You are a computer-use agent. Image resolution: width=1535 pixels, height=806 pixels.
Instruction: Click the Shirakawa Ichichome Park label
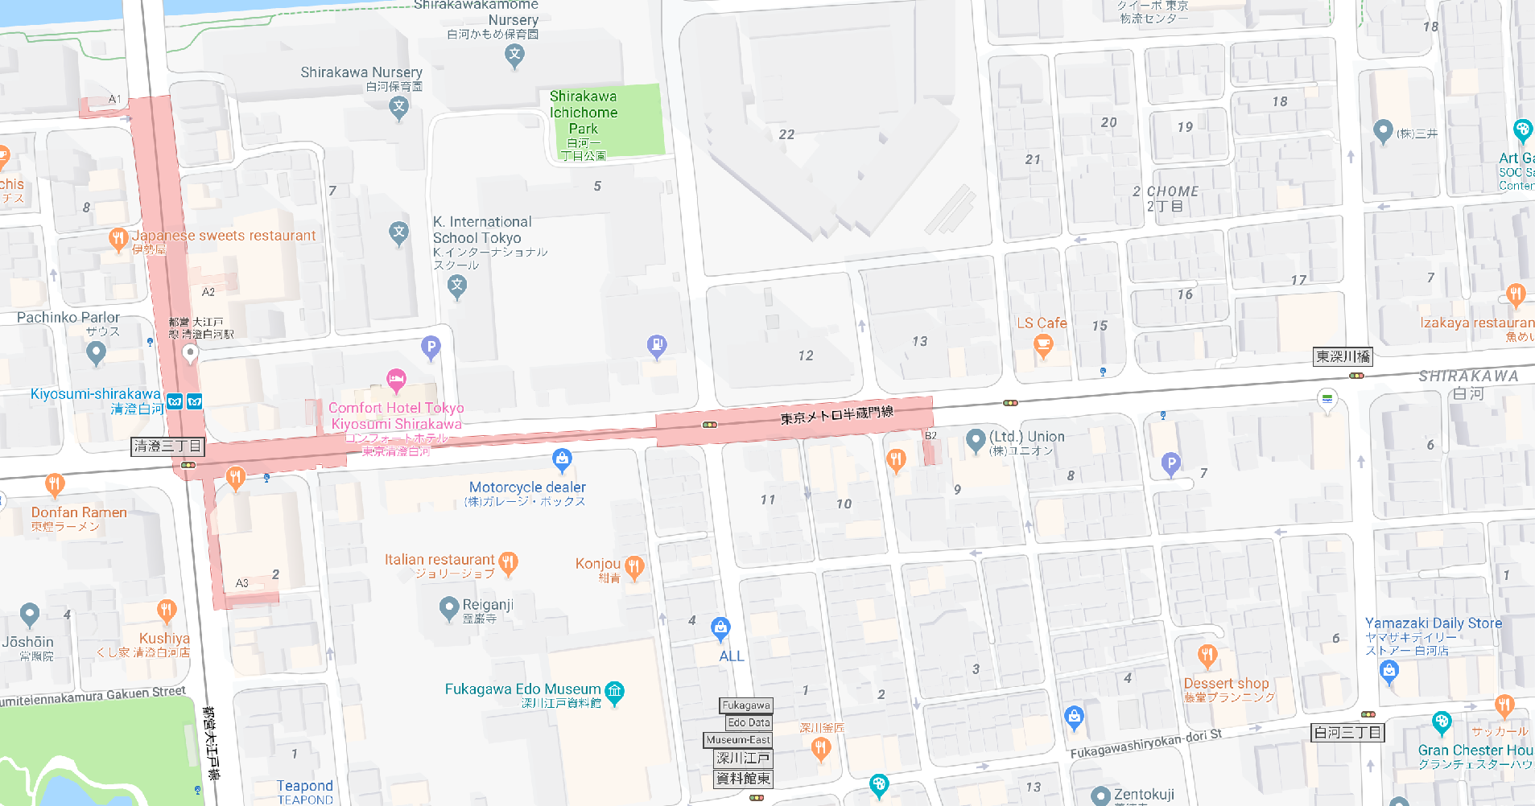tap(584, 113)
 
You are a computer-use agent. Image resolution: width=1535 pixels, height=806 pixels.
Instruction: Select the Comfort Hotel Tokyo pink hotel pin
tap(396, 379)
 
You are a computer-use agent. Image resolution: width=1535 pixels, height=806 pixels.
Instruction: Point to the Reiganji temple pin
tap(449, 608)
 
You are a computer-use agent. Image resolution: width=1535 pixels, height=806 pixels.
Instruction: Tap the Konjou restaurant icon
tap(634, 567)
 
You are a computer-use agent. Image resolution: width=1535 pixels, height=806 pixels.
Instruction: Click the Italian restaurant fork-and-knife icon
tap(508, 562)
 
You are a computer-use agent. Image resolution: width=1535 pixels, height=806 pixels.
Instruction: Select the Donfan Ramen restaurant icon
tap(54, 484)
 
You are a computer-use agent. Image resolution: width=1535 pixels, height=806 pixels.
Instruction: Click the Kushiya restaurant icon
tap(167, 611)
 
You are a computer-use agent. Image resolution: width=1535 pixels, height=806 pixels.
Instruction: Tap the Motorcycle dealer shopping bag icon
tap(562, 460)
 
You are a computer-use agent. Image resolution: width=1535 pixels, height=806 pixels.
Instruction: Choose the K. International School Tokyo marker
tap(457, 286)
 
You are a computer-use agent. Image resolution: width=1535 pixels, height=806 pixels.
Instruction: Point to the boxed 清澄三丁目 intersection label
tap(167, 446)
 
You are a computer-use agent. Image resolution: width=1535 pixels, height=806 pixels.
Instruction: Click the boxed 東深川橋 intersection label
tap(1342, 356)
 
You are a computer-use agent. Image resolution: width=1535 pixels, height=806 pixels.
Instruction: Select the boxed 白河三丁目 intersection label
tap(1347, 732)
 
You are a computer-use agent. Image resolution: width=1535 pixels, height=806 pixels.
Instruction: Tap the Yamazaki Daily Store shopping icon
tap(1389, 670)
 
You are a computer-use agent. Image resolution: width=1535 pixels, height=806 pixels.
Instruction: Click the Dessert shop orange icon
tap(1207, 656)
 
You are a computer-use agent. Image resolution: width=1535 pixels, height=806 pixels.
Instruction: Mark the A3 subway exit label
tap(241, 583)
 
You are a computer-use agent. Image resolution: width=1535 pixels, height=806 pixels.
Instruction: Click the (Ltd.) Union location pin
tap(976, 439)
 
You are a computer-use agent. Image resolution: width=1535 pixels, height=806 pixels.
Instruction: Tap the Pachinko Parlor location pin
tap(96, 352)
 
